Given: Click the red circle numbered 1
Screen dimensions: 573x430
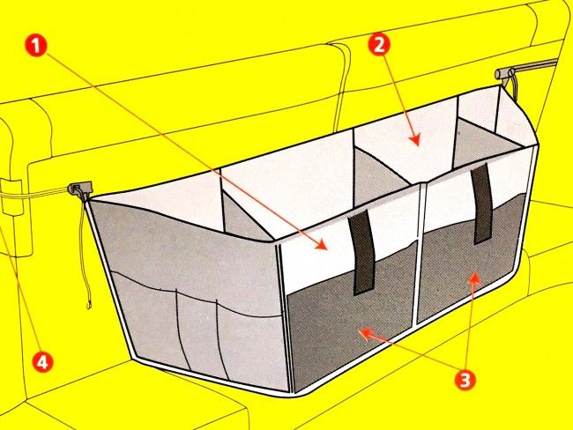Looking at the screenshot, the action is click(x=36, y=46).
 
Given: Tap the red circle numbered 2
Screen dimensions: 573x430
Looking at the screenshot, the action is click(x=379, y=45).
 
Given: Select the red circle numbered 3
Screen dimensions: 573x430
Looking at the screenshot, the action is click(x=465, y=379).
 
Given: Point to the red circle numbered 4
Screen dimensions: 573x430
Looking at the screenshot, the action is click(x=42, y=361).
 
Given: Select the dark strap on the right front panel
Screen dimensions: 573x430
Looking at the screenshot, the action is click(x=481, y=204).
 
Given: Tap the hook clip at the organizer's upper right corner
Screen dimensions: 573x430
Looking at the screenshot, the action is click(x=505, y=73).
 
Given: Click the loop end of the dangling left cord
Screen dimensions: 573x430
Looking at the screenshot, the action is click(x=89, y=303).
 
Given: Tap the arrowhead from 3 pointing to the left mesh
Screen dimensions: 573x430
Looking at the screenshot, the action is click(x=367, y=332).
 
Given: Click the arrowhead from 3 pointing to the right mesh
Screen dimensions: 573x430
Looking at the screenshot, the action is click(x=473, y=278).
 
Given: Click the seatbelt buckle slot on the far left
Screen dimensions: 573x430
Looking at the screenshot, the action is click(x=13, y=197).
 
